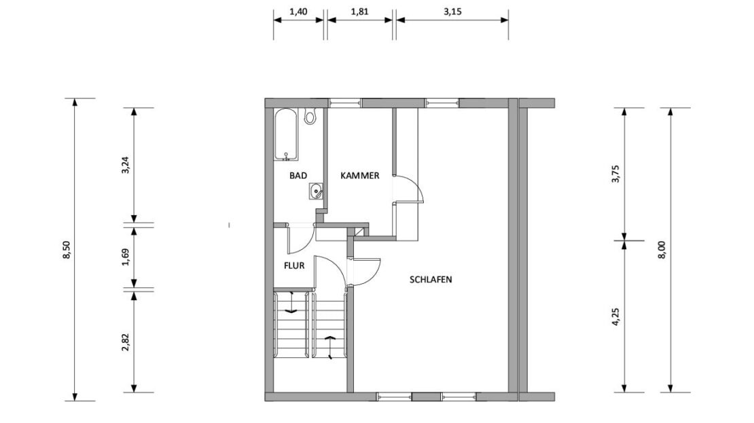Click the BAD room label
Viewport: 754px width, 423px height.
point(298,175)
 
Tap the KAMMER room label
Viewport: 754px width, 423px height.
point(360,175)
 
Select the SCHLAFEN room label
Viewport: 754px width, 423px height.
point(431,279)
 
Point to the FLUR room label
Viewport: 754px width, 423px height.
point(294,265)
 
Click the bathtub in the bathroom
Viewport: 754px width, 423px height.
point(286,134)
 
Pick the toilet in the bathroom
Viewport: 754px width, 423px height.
point(310,116)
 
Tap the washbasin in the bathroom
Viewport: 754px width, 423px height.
point(316,191)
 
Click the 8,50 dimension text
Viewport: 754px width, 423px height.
point(67,249)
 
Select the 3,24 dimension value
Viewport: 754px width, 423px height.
point(126,165)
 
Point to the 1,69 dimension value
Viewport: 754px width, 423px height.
point(126,257)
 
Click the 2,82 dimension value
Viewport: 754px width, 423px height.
point(126,342)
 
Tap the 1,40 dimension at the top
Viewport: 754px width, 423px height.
point(298,12)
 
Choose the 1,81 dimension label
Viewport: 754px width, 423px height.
point(360,12)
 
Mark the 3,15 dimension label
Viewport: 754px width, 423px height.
point(452,12)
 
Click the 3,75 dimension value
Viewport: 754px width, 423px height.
point(616,174)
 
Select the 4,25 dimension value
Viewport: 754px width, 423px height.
point(616,317)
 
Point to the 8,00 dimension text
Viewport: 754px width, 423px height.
point(662,249)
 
